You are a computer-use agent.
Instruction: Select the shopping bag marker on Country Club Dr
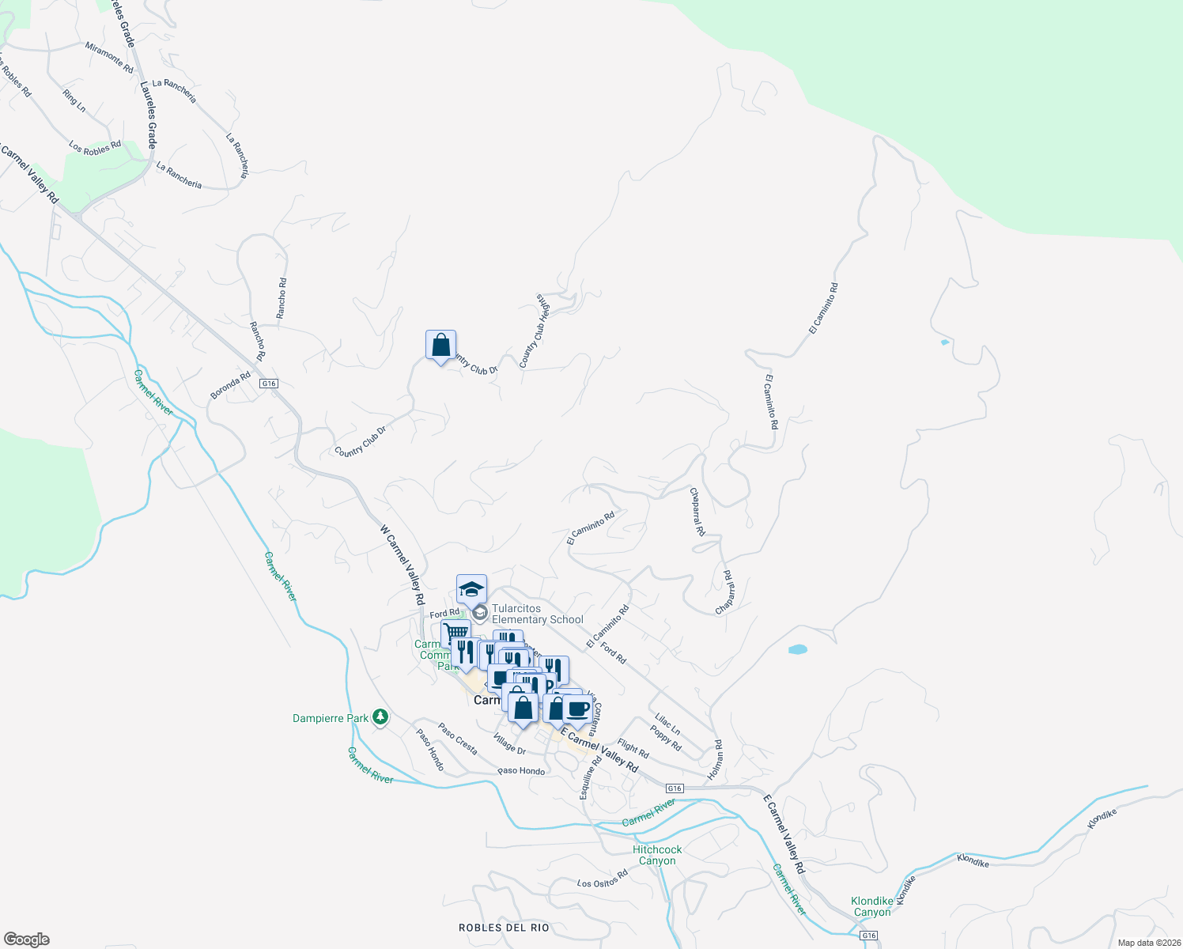pos(440,345)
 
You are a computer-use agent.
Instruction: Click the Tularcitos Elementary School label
pos(537,614)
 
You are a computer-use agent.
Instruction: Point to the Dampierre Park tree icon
pos(380,717)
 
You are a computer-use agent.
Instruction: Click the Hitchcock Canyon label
pos(657,855)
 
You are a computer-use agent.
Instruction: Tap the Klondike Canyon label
pos(872,906)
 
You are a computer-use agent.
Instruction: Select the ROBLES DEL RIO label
pos(504,927)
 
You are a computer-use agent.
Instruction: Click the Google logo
pos(26,939)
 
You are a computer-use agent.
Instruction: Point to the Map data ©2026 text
pos(1147,942)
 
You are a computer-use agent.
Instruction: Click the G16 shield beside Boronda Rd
pos(269,384)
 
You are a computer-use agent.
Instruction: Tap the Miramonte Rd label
pos(110,58)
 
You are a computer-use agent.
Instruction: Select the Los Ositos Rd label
pos(602,879)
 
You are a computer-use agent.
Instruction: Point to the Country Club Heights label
pos(535,331)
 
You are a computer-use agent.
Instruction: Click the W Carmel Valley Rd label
pos(402,565)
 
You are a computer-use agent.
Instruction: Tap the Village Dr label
pos(509,744)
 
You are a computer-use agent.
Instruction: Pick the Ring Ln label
pos(74,101)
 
